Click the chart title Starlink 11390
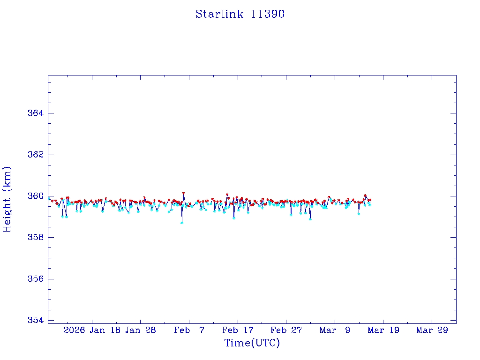[x=240, y=14]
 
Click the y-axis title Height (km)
[x=7, y=199]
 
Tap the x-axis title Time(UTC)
[x=252, y=343]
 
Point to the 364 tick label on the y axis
[x=36, y=113]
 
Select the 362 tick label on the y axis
[x=36, y=155]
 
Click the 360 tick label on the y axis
[x=36, y=196]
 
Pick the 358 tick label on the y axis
[x=36, y=238]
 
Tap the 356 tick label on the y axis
[x=36, y=279]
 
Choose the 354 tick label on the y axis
[x=36, y=320]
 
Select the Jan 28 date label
[x=141, y=330]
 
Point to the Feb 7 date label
[x=189, y=330]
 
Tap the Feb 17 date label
[x=238, y=330]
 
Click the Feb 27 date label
[x=286, y=330]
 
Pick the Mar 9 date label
[x=335, y=330]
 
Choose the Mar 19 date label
[x=383, y=330]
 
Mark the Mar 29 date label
[x=432, y=330]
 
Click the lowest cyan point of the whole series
[x=182, y=223]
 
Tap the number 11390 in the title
[x=268, y=14]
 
